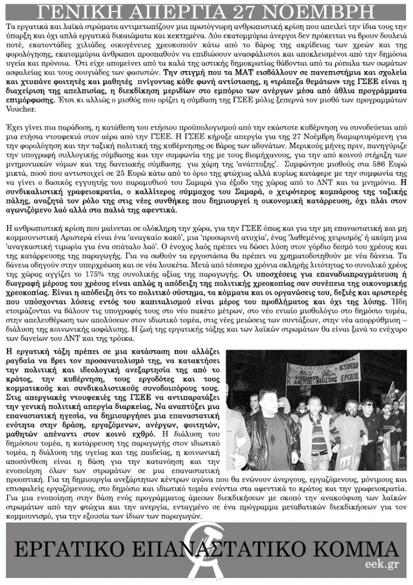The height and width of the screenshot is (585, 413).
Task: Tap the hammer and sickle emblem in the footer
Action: tap(206, 552)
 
